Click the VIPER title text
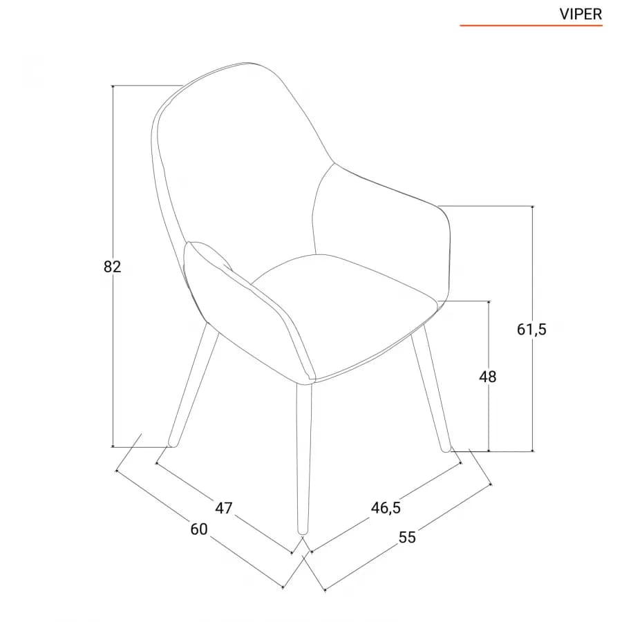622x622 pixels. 581,15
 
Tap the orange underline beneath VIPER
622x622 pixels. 531,26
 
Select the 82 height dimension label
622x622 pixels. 112,267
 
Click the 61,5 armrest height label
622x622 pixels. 531,329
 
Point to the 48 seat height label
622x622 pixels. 487,377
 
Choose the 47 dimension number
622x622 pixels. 223,508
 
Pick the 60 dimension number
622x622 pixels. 199,529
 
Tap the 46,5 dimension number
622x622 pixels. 386,508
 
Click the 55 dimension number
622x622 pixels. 407,538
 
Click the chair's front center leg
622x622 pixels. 304,458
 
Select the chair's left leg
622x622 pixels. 194,385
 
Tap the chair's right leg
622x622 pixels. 431,388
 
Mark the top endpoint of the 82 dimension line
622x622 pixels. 113,86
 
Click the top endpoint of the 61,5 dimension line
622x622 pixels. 532,206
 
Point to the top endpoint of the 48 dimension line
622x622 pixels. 489,301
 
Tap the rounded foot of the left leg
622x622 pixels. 173,444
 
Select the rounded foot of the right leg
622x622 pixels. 446,449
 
